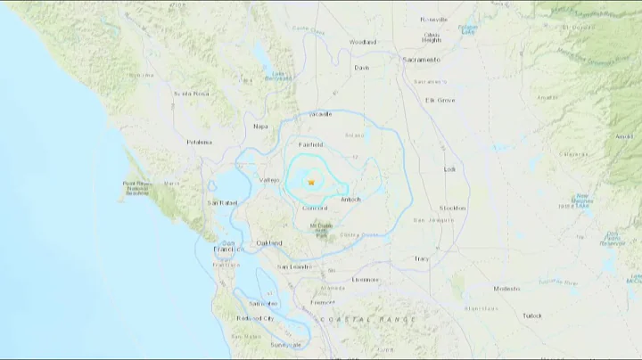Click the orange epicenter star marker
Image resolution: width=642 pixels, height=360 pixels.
tap(311, 182)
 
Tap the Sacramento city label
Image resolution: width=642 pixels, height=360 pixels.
tap(422, 60)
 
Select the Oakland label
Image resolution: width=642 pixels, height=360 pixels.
tap(268, 242)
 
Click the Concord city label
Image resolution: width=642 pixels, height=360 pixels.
tap(316, 208)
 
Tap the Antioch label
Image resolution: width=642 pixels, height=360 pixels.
tap(351, 199)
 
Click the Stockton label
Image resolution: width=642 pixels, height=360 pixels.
tap(453, 208)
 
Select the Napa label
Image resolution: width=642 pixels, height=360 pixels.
tap(260, 126)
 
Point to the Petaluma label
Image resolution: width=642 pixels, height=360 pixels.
tap(199, 142)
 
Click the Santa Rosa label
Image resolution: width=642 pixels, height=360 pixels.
tap(191, 93)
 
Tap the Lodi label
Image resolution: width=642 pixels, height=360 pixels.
tap(449, 168)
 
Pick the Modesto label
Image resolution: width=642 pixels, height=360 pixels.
tap(507, 289)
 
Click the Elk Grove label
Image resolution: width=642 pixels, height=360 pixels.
tap(440, 100)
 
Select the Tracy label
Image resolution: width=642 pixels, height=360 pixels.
tap(421, 258)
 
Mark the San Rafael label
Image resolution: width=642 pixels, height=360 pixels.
tap(222, 203)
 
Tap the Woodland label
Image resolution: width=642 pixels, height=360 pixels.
tap(364, 42)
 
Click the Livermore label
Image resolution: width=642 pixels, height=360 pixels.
tap(366, 279)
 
